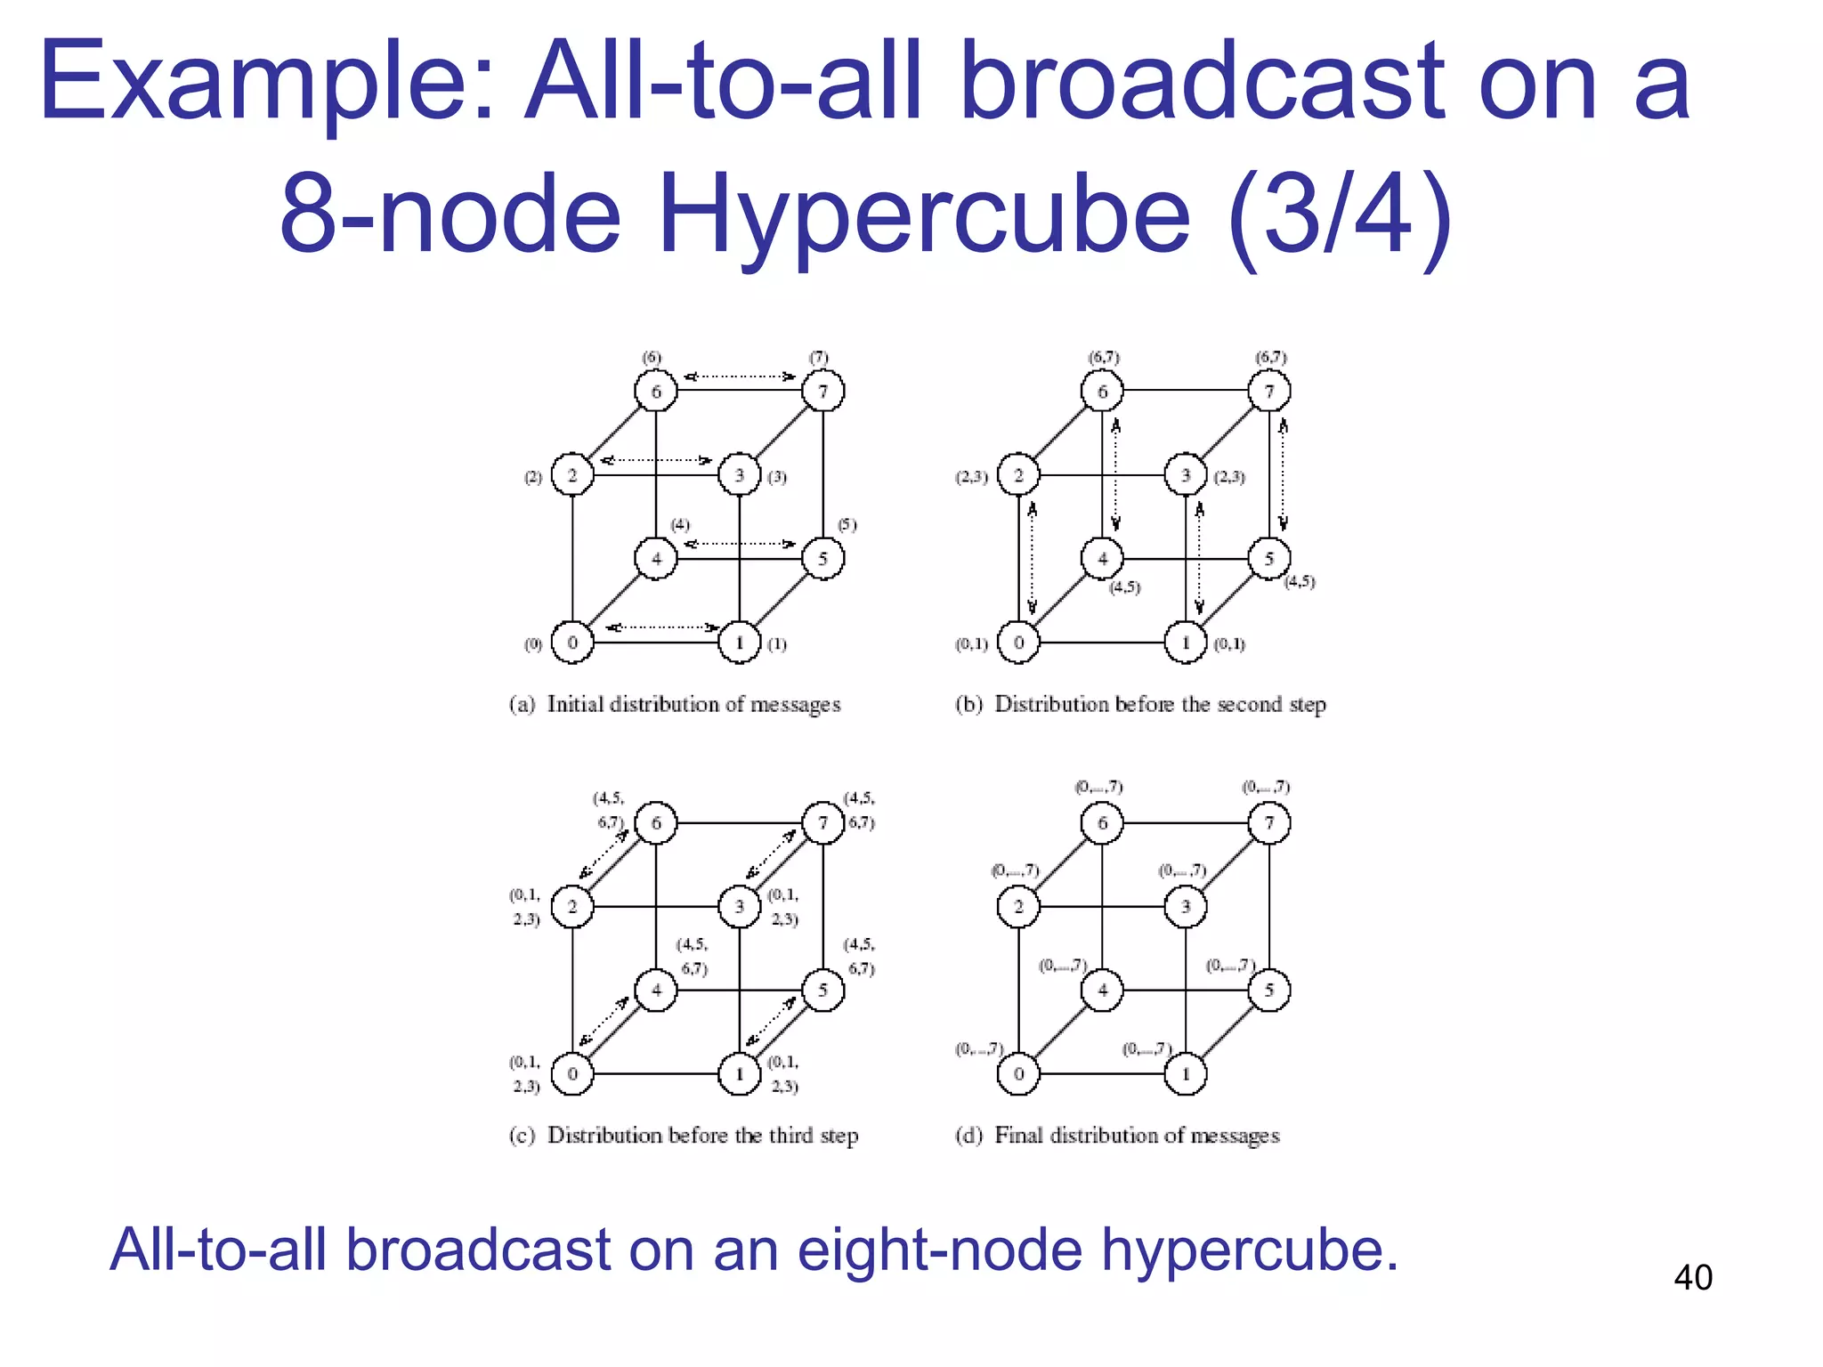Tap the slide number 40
pyautogui.click(x=1692, y=1278)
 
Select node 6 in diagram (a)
pyautogui.click(x=656, y=392)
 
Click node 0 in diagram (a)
pyautogui.click(x=572, y=643)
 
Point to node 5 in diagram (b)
pyautogui.click(x=1269, y=559)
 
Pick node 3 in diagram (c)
pyautogui.click(x=739, y=907)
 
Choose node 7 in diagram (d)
pyautogui.click(x=1269, y=822)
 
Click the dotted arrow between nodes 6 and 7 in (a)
pyautogui.click(x=739, y=376)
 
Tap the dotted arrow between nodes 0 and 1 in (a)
pyautogui.click(x=661, y=627)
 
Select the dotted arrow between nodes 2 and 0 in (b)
pyautogui.click(x=1033, y=559)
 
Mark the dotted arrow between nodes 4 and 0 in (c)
pyautogui.click(x=604, y=1022)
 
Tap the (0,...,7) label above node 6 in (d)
pyautogui.click(x=1098, y=787)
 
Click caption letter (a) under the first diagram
pyautogui.click(x=523, y=705)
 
